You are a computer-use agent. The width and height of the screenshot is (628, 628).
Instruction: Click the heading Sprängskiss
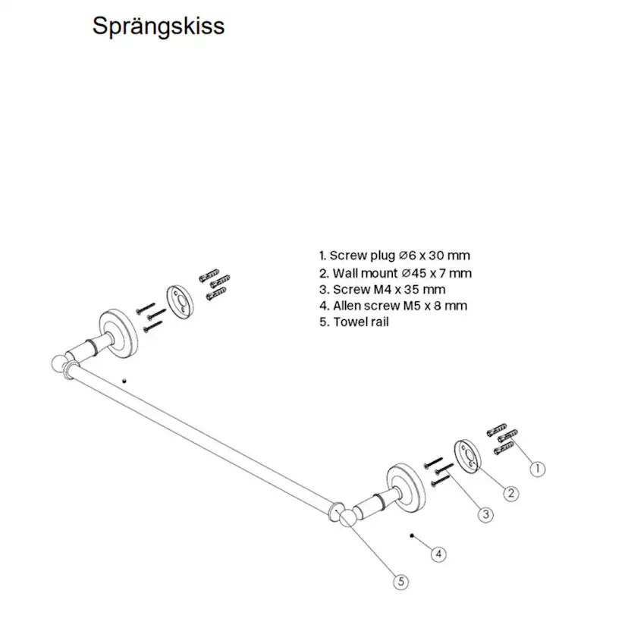coord(158,26)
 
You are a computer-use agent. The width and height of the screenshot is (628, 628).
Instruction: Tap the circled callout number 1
coord(536,469)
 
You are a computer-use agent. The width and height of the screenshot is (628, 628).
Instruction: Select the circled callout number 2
coord(511,492)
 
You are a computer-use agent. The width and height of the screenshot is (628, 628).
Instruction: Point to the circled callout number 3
coord(486,513)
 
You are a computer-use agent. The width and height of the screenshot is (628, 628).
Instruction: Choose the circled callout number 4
coord(438,554)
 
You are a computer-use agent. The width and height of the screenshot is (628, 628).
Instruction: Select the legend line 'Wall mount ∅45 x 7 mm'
coord(395,273)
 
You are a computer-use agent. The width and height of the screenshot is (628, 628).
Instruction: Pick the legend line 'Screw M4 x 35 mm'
coord(382,290)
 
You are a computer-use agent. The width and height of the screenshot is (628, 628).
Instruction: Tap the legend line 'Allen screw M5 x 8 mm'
coord(393,306)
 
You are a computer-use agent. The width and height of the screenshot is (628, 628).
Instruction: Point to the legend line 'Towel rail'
coord(354,322)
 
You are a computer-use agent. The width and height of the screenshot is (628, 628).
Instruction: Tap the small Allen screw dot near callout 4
coord(411,535)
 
